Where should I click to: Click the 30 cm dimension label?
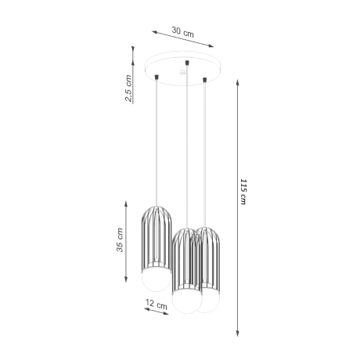coord(182,32)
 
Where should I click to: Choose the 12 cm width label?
coord(157,304)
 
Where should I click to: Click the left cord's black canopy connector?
coord(159,77)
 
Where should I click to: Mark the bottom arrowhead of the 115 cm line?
coord(237,329)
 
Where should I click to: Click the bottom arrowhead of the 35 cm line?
coord(128,279)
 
